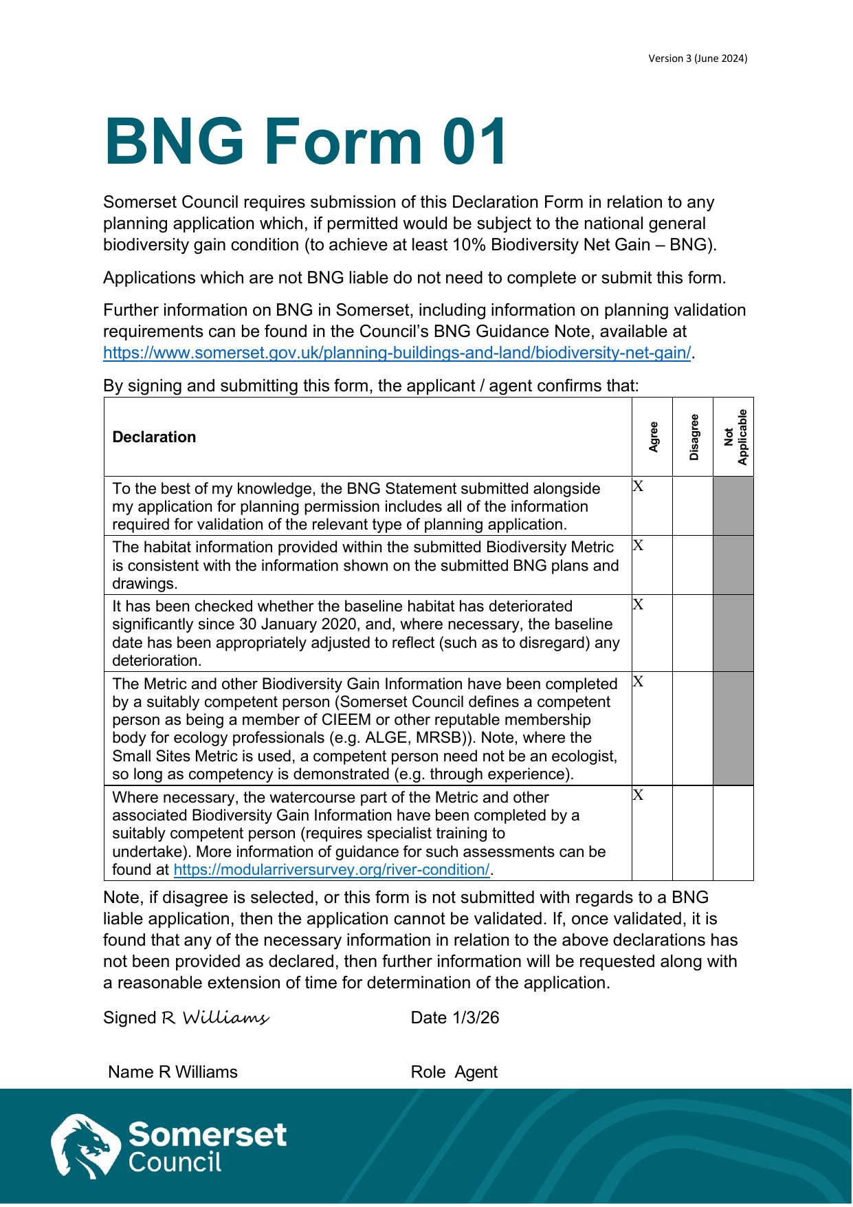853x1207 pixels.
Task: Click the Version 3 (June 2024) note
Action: click(697, 58)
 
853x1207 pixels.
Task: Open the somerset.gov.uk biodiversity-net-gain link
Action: click(397, 353)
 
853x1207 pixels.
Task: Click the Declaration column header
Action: click(154, 437)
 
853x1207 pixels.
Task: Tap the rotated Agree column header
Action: click(653, 437)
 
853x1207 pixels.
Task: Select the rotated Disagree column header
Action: click(694, 437)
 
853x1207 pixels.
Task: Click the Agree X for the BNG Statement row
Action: click(639, 487)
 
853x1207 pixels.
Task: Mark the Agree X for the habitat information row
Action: click(639, 546)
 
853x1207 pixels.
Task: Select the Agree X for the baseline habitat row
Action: click(639, 605)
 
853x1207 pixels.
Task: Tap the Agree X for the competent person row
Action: click(639, 682)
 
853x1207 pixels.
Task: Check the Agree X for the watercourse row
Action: click(639, 796)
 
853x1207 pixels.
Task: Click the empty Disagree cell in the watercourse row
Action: click(693, 833)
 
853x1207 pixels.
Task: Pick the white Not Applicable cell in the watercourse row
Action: click(733, 833)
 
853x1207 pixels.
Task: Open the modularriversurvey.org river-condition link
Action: click(331, 870)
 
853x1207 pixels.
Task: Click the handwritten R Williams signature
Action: click(215, 1018)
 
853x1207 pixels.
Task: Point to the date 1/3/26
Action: click(476, 1018)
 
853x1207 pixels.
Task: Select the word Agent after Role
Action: click(476, 1072)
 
